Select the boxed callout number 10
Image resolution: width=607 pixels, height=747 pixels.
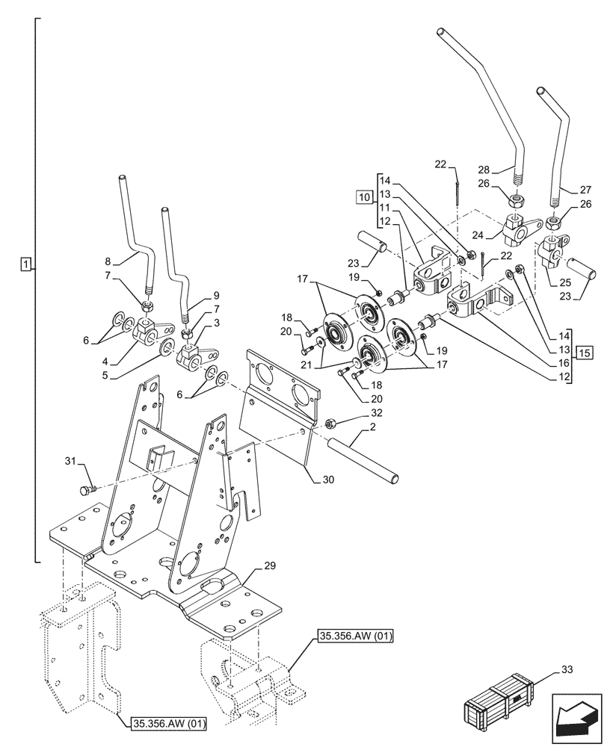point(364,197)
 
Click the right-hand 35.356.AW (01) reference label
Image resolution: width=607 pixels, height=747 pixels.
point(355,636)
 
